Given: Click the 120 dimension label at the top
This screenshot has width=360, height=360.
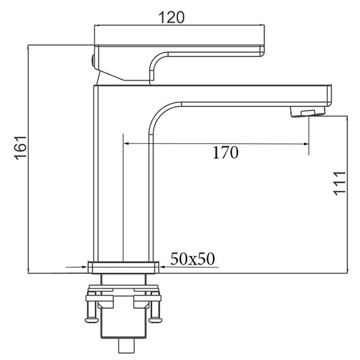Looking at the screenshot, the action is pos(172,18).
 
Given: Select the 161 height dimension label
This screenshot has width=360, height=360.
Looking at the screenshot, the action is pos(20,148).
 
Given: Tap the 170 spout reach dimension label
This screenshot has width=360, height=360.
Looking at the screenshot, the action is pos(225,152).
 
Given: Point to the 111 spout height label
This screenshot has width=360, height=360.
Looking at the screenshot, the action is pos(340,183).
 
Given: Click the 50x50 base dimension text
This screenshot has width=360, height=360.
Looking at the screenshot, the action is pos(193,259).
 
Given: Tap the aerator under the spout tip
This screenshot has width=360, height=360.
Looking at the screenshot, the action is pos(308,112).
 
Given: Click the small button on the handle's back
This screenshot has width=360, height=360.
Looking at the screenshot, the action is pos(93,61).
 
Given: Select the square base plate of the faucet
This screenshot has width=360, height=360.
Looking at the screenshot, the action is pos(124,268).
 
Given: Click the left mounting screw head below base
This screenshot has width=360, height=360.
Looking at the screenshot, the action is pos(92,320).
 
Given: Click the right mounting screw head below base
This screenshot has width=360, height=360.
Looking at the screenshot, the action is pos(155,320).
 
